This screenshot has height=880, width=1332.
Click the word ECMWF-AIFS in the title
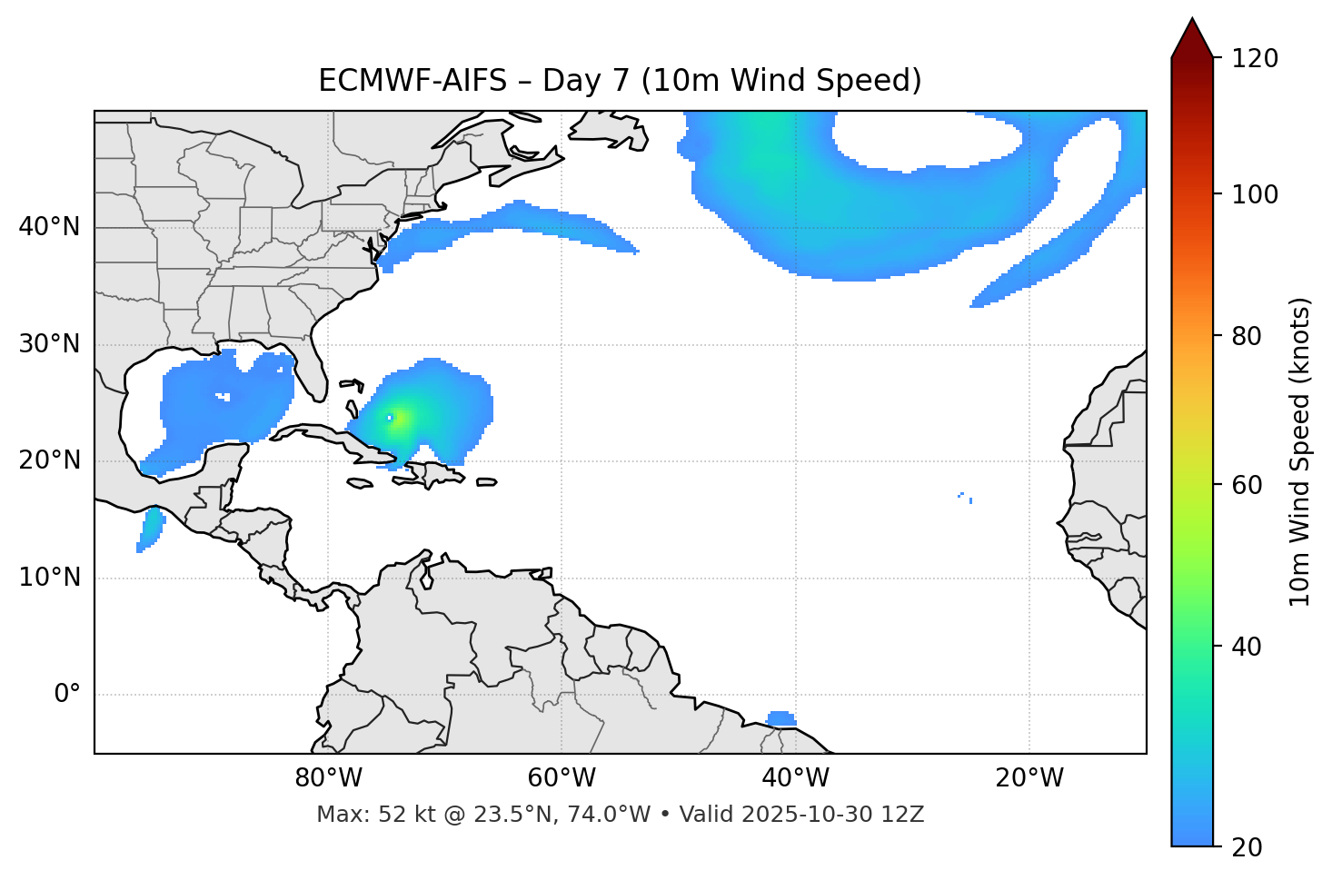pyautogui.click(x=413, y=81)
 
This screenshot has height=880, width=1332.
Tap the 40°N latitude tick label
pyautogui.click(x=49, y=227)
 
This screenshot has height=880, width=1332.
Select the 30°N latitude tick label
pyautogui.click(x=49, y=344)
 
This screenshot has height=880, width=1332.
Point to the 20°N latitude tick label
pyautogui.click(x=49, y=460)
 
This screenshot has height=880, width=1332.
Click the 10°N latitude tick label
pyautogui.click(x=49, y=578)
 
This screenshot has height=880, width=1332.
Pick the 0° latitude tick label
pyautogui.click(x=66, y=695)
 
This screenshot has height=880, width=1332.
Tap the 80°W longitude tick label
pyautogui.click(x=328, y=778)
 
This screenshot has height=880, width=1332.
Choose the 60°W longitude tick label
pyautogui.click(x=562, y=778)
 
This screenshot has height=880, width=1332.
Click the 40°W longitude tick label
pyautogui.click(x=795, y=778)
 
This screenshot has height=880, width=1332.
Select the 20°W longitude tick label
pyautogui.click(x=1029, y=778)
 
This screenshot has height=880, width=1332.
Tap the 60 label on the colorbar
pyautogui.click(x=1248, y=485)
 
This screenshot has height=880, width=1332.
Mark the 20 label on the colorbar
pyautogui.click(x=1248, y=847)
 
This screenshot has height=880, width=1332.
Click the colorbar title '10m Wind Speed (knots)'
pyautogui.click(x=1300, y=452)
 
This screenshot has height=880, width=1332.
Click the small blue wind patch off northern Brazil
pyautogui.click(x=780, y=718)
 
